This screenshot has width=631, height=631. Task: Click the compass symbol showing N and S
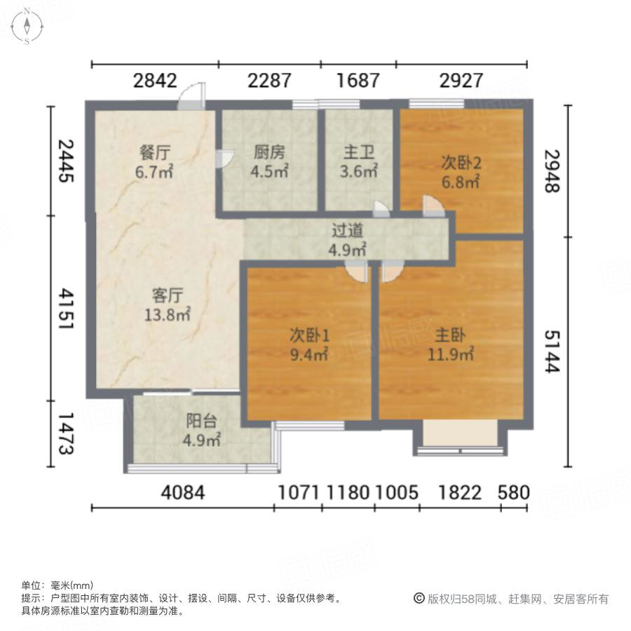pyautogui.click(x=27, y=26)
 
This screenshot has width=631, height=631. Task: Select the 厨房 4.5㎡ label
pyautogui.click(x=270, y=161)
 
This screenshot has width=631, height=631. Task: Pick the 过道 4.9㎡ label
pyautogui.click(x=348, y=239)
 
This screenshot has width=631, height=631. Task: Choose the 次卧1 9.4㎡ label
pyautogui.click(x=309, y=344)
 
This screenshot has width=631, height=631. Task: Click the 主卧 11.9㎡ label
pyautogui.click(x=452, y=344)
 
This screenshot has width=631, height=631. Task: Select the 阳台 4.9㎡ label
pyautogui.click(x=202, y=430)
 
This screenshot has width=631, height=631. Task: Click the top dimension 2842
pyautogui.click(x=155, y=81)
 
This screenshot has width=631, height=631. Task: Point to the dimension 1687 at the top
pyautogui.click(x=358, y=81)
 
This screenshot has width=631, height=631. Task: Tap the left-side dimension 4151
pyautogui.click(x=66, y=308)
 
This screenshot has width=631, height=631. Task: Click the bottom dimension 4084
pyautogui.click(x=183, y=493)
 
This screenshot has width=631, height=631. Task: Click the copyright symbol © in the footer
pyautogui.click(x=419, y=599)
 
